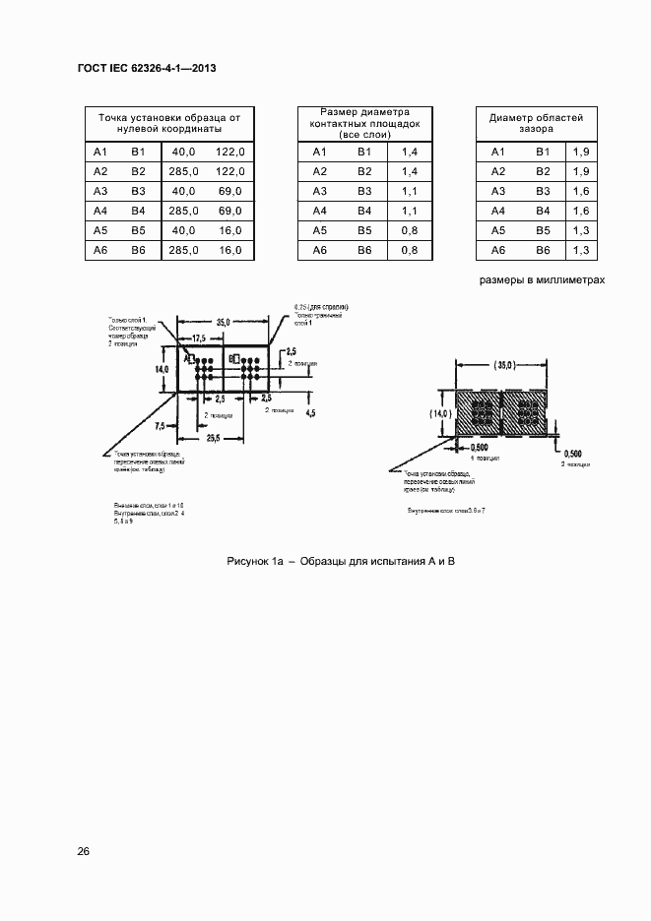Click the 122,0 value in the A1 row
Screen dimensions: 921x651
tap(229, 152)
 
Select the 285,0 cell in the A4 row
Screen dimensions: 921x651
tap(184, 211)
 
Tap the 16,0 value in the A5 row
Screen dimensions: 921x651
tap(229, 230)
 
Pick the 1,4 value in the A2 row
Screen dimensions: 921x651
tap(410, 171)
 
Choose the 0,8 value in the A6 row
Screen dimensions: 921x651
tap(410, 250)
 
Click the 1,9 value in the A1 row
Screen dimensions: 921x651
tap(580, 152)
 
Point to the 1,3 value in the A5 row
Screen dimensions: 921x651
tap(580, 230)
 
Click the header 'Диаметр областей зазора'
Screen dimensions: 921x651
tap(536, 123)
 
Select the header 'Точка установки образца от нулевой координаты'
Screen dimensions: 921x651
tap(168, 123)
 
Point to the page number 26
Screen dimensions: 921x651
tap(84, 851)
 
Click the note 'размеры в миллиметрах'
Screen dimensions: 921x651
tap(541, 280)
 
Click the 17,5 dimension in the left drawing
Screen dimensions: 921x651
tap(200, 338)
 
